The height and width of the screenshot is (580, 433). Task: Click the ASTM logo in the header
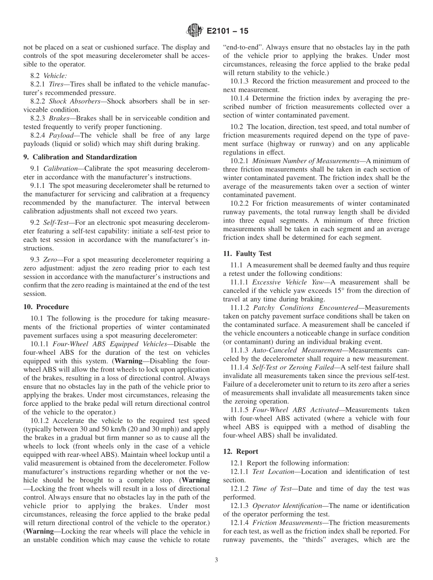click(x=195, y=31)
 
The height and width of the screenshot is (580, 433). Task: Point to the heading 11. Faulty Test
click(x=247, y=254)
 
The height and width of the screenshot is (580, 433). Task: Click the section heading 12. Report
click(x=241, y=451)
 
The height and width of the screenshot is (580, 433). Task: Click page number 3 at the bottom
click(x=216, y=560)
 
